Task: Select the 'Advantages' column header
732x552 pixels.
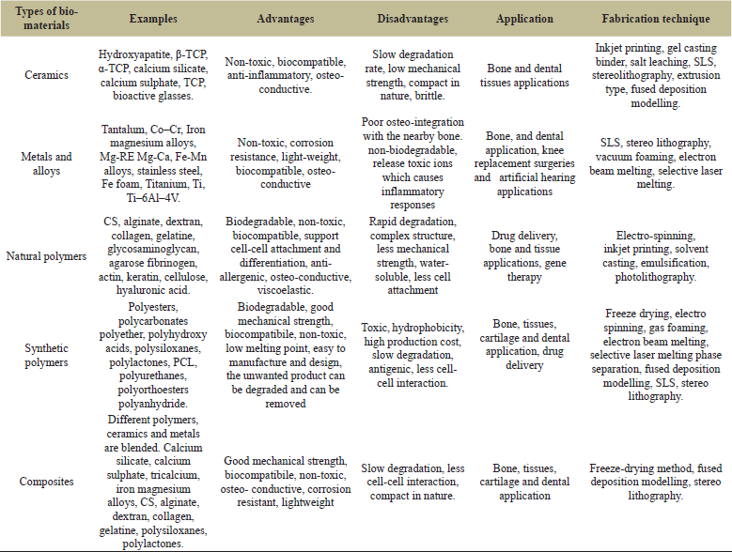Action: click(285, 20)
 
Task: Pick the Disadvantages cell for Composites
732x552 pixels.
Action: click(413, 482)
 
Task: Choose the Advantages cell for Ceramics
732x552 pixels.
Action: click(285, 76)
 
